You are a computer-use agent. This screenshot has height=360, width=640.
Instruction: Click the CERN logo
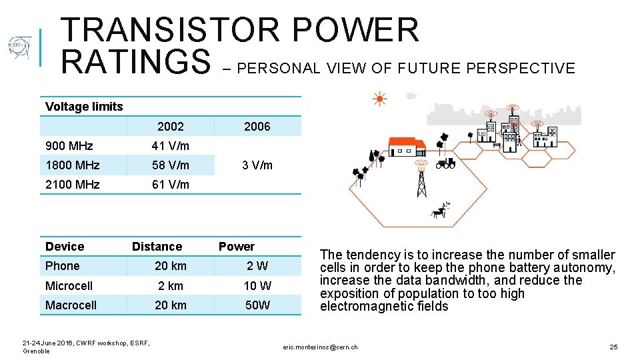19,48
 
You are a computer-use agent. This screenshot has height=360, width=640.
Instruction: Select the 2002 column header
171,126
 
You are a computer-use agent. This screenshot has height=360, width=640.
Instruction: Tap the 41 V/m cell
171,146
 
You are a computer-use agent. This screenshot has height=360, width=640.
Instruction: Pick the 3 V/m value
257,165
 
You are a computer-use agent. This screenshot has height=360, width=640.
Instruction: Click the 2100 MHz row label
72,185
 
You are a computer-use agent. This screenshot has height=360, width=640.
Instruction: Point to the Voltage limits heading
84,107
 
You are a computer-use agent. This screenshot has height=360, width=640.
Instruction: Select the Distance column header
157,247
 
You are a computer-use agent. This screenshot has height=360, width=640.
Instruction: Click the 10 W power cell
257,286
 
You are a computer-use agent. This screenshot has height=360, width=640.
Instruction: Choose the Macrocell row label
71,305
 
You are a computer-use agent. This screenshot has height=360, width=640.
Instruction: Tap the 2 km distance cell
171,286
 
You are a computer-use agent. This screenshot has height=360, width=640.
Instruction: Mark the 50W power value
257,305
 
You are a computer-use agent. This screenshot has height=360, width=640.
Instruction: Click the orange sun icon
379,99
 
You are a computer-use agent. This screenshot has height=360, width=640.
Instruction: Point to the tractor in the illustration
445,162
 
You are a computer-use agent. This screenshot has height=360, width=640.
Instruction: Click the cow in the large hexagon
440,211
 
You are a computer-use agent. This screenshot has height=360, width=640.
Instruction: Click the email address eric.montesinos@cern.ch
320,347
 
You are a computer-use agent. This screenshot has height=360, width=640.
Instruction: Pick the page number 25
613,347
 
